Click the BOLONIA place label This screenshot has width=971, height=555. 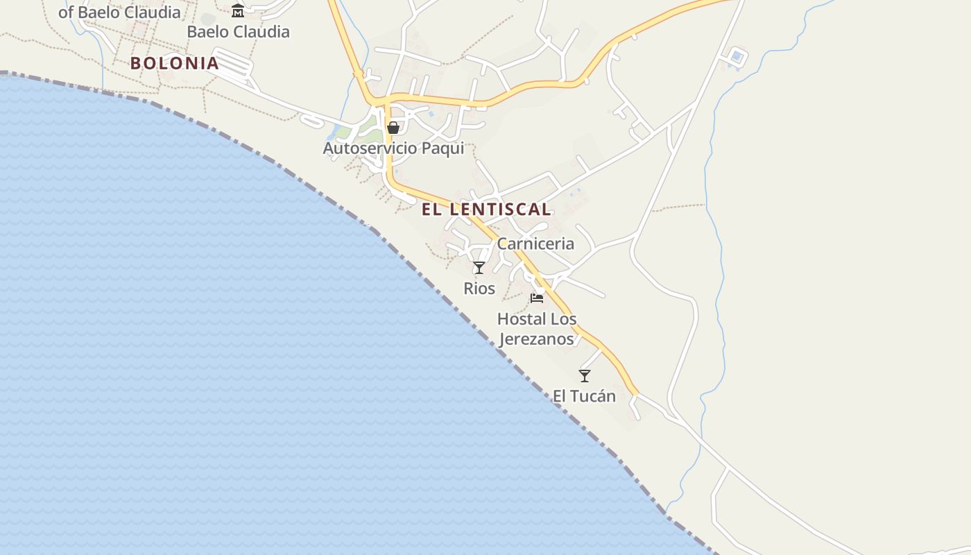click(x=174, y=63)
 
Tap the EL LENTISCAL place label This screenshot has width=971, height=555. click(x=486, y=209)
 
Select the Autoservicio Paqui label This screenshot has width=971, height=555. click(x=393, y=148)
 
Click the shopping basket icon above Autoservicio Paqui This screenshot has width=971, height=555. click(x=393, y=128)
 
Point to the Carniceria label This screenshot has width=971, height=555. click(x=535, y=244)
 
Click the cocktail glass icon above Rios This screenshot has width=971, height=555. click(x=479, y=268)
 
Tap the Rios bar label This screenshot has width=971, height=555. click(x=479, y=288)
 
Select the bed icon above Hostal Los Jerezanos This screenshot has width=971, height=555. click(x=537, y=298)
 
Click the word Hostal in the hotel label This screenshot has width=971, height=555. click(x=517, y=319)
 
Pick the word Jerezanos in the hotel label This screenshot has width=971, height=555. click(x=537, y=339)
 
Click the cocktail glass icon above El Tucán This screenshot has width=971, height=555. click(x=585, y=376)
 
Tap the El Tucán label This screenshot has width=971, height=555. click(x=584, y=396)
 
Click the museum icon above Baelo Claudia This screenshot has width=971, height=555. click(x=238, y=10)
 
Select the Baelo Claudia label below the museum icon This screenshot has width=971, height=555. click(x=238, y=32)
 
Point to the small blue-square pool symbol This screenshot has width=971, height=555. click(x=737, y=56)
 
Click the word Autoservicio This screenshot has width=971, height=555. click(x=370, y=148)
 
